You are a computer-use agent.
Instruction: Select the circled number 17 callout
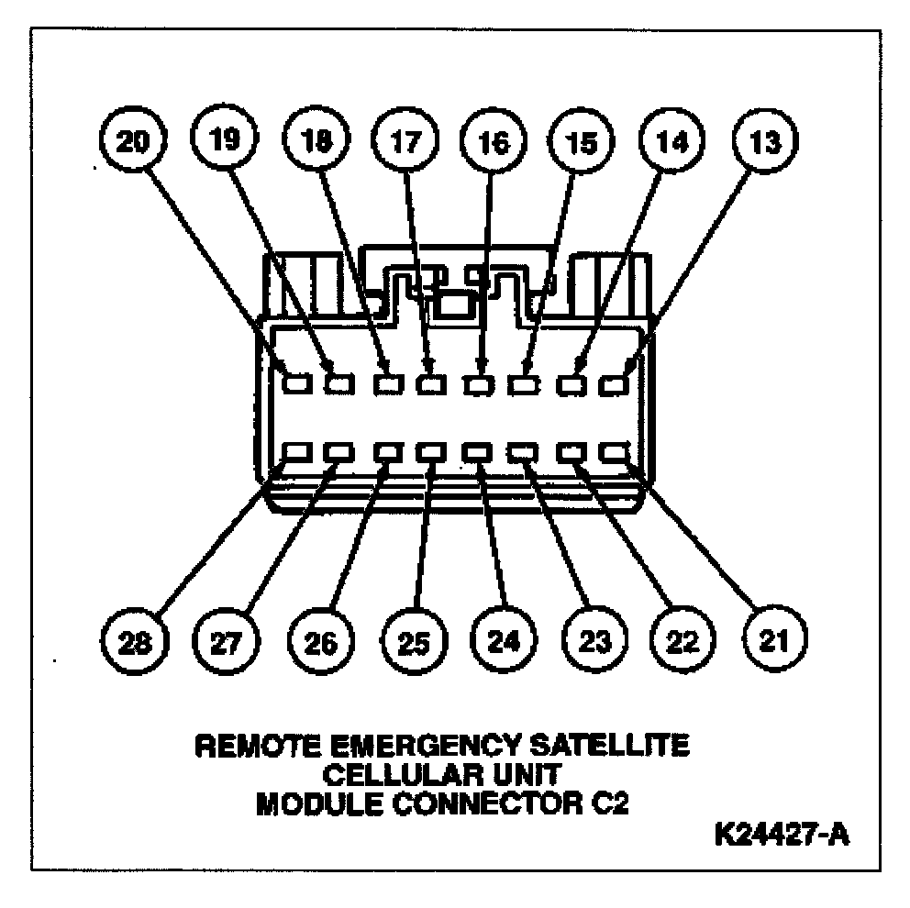[x=404, y=141]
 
